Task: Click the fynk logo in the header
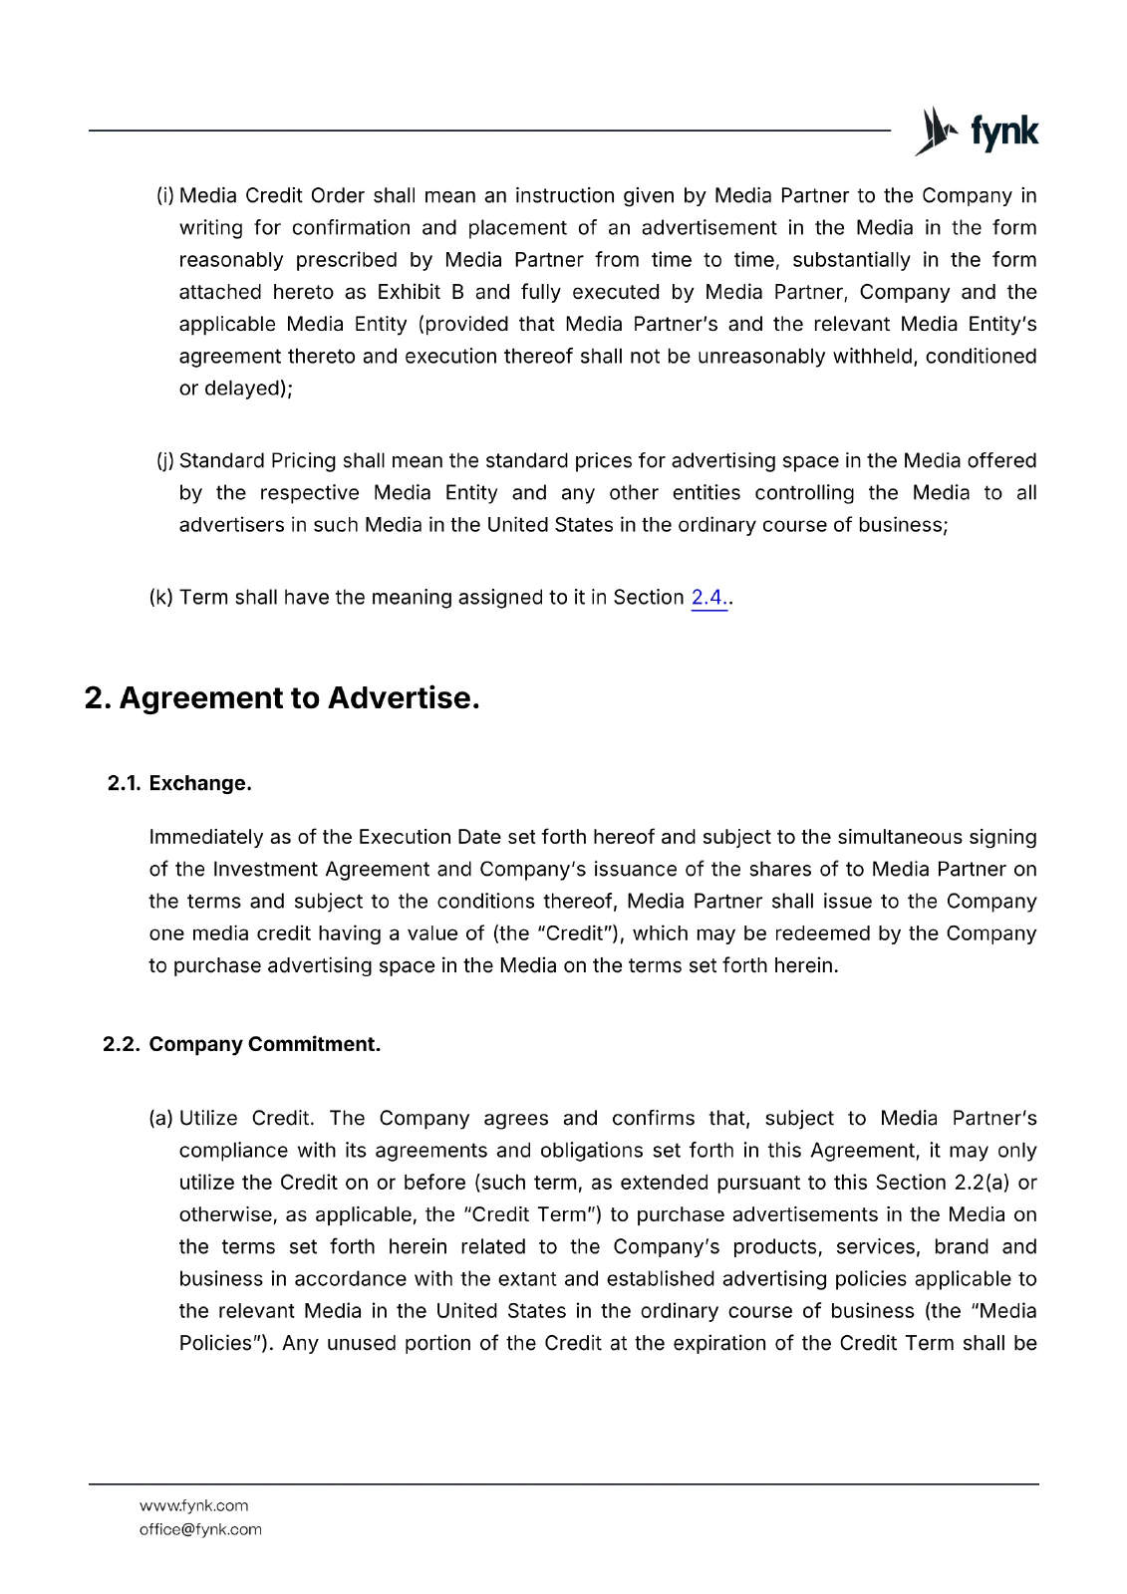pyautogui.click(x=977, y=132)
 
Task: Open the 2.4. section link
pyautogui.click(x=707, y=598)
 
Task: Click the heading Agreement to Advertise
pyautogui.click(x=282, y=697)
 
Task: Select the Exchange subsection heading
pyautogui.click(x=199, y=783)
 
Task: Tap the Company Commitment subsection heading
pyautogui.click(x=264, y=1044)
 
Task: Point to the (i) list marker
pyautogui.click(x=165, y=195)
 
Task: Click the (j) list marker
pyautogui.click(x=165, y=460)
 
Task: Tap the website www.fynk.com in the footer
pyautogui.click(x=193, y=1505)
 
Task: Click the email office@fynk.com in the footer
pyautogui.click(x=200, y=1529)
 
